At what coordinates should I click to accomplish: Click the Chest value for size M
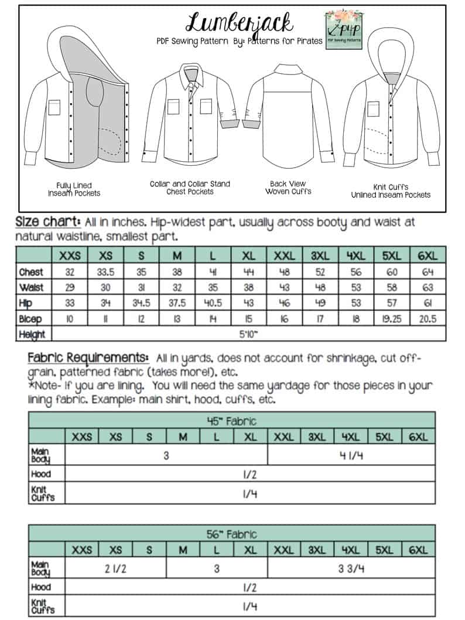182,272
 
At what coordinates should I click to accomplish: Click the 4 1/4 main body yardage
351,455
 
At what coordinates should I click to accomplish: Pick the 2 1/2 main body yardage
115,568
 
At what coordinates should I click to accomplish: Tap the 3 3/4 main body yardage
351,568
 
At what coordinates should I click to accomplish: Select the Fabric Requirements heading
87,358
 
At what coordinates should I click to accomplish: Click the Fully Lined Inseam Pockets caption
74,189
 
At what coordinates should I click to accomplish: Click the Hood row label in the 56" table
40,587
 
